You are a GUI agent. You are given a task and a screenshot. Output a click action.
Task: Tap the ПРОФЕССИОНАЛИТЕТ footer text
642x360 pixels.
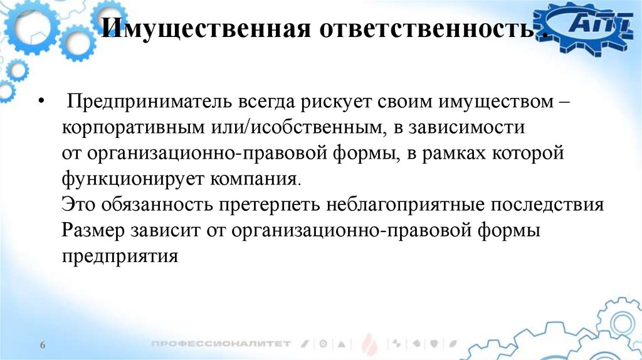221,344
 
